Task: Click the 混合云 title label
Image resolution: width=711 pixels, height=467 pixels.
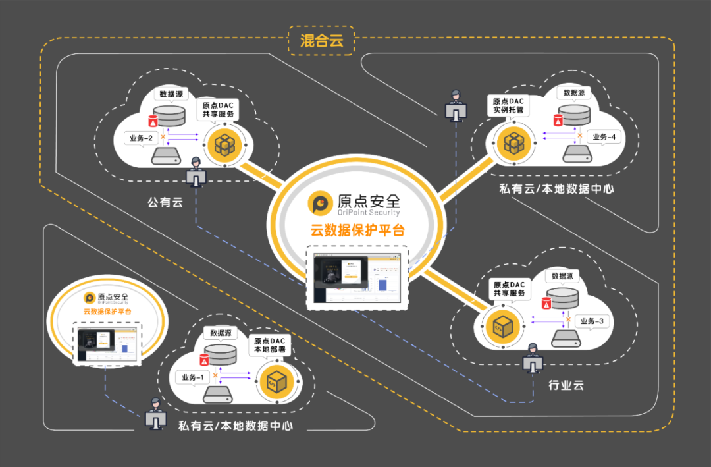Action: [x=322, y=40]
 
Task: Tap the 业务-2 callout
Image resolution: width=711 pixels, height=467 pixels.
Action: [x=140, y=138]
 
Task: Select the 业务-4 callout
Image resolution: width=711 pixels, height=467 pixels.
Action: [x=604, y=137]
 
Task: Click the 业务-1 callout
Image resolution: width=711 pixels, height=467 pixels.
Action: [x=192, y=377]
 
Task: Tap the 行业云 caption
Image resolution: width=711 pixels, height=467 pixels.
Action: [x=566, y=385]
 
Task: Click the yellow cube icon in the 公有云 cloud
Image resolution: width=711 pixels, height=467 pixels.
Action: [x=223, y=146]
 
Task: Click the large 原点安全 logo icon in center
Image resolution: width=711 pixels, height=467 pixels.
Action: [x=321, y=204]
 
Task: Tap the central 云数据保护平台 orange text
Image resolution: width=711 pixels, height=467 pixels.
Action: [x=357, y=231]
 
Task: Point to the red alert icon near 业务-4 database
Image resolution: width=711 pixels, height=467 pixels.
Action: [x=558, y=121]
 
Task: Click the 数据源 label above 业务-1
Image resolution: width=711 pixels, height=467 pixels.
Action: [x=219, y=333]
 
